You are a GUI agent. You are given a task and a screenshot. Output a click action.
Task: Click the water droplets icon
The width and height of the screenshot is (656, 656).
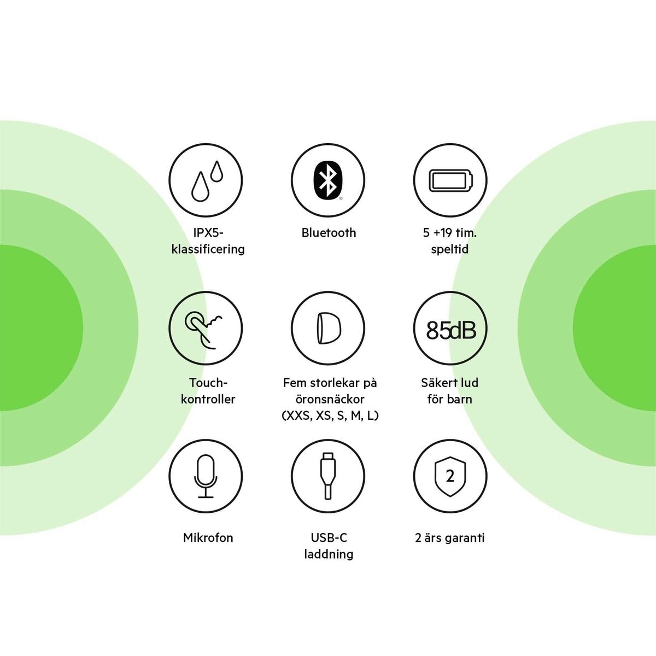pos(206,180)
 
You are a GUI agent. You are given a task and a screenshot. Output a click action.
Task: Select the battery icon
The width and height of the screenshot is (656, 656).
pos(450,180)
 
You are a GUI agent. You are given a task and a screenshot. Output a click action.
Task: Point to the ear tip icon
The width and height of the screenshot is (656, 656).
pos(328,329)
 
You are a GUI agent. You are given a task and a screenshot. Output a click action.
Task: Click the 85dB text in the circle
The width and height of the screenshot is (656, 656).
pos(450,330)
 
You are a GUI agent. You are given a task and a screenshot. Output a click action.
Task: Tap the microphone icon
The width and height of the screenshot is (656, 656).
pos(206,476)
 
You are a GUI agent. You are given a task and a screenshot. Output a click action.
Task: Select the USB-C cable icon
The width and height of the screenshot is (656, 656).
pos(328,476)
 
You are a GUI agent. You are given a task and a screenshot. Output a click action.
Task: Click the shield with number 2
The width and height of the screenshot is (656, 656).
pos(450,476)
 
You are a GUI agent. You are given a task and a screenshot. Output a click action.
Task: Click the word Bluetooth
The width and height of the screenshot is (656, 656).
pos(329,233)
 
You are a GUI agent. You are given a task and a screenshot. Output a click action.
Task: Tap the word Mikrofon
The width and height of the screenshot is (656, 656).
pos(208,538)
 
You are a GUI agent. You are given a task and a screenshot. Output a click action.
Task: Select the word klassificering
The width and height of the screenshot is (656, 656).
pos(208,249)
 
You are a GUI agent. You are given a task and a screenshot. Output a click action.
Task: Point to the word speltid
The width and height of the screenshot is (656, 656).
pos(449,249)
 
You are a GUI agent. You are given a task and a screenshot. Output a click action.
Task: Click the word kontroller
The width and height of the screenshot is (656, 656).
pos(208,399)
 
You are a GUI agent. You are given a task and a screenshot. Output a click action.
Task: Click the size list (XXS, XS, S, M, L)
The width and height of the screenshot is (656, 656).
pos(330,415)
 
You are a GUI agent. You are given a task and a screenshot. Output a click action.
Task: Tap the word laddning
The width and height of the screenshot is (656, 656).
pos(329,554)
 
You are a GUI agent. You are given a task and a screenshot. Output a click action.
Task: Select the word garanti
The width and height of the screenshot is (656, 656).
pos(464,538)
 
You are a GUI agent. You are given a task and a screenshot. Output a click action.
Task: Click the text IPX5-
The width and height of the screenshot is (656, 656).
pos(208,233)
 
